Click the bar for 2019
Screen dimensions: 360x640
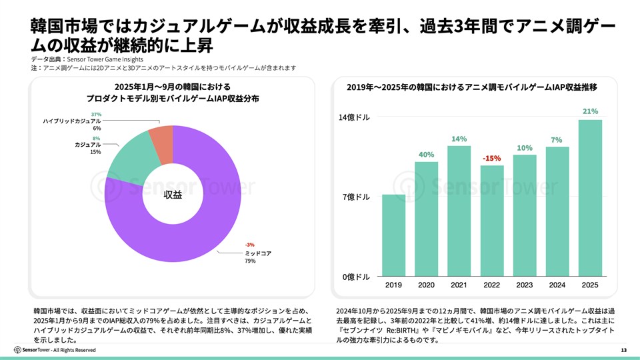[x=393, y=235]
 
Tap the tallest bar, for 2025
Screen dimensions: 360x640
[x=590, y=197]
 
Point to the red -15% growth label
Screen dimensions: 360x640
[x=492, y=159]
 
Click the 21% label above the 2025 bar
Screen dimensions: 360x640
[x=590, y=111]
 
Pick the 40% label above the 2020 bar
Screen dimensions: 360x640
[x=426, y=155]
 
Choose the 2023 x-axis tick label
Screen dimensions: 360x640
[x=525, y=285]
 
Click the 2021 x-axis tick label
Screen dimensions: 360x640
[x=459, y=285]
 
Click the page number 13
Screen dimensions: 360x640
[x=623, y=350]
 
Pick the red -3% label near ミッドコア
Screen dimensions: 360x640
[x=249, y=244]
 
